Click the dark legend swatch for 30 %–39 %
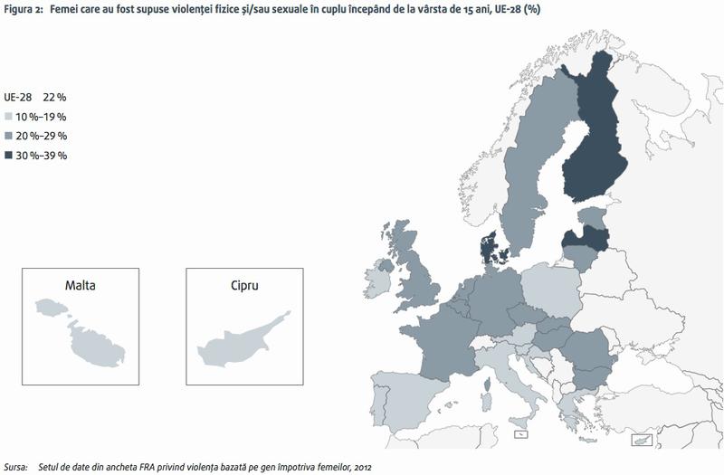pyautogui.click(x=9, y=156)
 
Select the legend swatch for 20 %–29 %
pyautogui.click(x=9, y=136)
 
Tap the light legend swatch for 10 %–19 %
pyautogui.click(x=9, y=117)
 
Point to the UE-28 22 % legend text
pyautogui.click(x=35, y=97)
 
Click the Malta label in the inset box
pyautogui.click(x=80, y=285)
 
